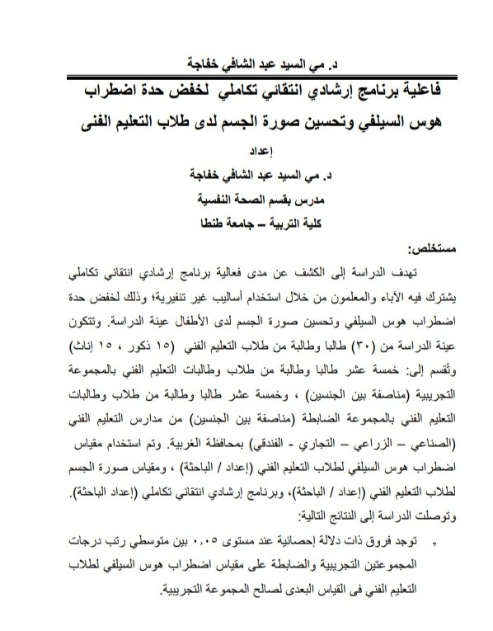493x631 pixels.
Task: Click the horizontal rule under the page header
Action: [246, 75]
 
